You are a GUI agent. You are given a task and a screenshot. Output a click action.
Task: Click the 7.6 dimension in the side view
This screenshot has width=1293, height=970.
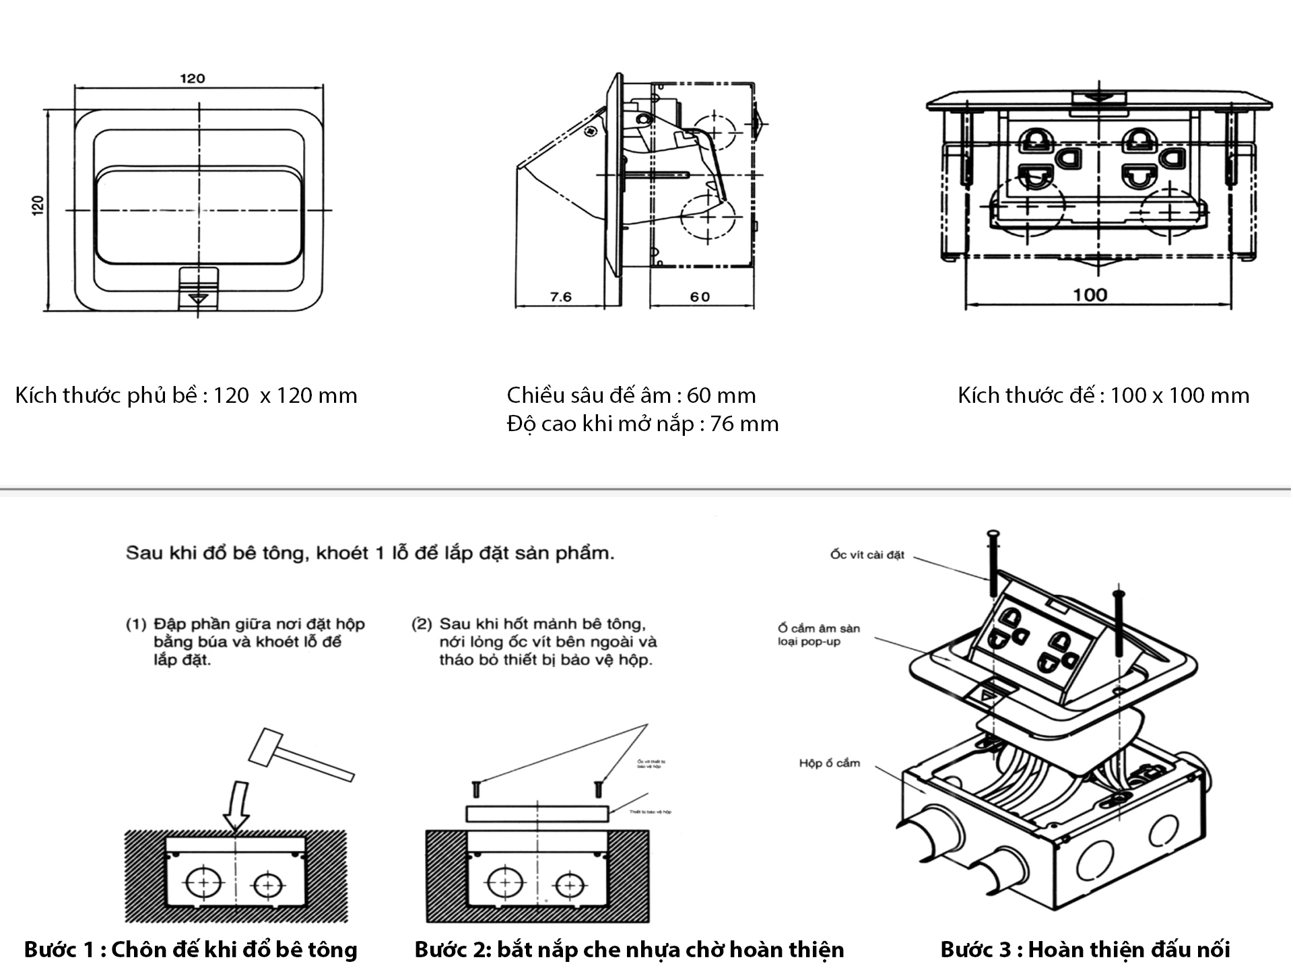point(560,296)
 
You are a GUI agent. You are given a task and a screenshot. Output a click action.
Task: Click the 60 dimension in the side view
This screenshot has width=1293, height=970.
point(700,296)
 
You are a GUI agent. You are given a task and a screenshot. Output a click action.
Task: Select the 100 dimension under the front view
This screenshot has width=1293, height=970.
point(1090,294)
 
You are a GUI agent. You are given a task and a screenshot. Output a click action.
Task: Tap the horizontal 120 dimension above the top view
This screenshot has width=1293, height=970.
point(192,79)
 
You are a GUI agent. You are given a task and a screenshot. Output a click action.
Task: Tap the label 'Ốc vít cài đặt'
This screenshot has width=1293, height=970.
point(867,555)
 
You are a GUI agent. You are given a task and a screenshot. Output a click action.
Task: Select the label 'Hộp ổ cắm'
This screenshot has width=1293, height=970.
point(829,763)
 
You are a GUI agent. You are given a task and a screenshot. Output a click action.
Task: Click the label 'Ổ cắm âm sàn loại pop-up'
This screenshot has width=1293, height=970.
point(818,635)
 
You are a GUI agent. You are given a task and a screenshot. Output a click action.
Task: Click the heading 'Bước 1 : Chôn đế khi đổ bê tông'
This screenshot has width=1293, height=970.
point(191,949)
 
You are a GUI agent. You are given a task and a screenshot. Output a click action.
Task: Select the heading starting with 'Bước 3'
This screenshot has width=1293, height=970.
point(1085,949)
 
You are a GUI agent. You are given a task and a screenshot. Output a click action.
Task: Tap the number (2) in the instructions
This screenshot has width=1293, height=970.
point(422,624)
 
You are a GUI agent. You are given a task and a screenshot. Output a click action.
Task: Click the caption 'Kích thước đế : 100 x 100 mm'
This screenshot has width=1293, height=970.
point(1103,395)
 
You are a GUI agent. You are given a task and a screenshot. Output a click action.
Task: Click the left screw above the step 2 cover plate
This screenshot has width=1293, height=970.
point(475,788)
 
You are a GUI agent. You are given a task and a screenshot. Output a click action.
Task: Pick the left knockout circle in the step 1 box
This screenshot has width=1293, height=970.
point(203,882)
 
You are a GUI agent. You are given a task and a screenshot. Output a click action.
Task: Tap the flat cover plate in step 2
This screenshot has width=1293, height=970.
point(537,813)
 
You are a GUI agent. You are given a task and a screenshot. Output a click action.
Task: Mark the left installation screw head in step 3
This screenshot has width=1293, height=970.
point(993,535)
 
